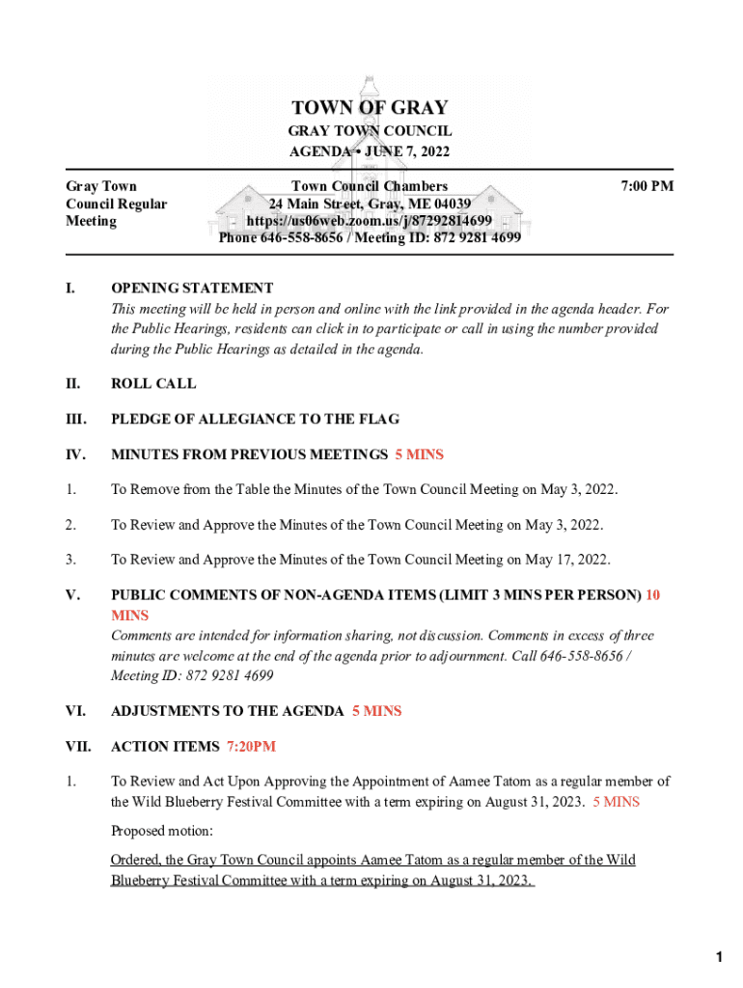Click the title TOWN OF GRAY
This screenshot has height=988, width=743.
coord(370,108)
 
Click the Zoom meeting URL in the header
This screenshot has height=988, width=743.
coord(370,221)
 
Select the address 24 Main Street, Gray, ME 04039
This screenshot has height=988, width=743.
coord(370,204)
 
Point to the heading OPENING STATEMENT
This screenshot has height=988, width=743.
coord(192,288)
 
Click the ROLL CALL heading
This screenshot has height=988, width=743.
coord(153,383)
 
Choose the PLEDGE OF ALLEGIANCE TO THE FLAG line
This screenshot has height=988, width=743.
coord(255,419)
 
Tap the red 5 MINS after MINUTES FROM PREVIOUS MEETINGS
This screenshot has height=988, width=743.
coord(419,454)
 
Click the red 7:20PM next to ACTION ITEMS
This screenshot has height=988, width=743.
coord(252,747)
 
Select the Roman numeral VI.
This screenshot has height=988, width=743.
coord(75,711)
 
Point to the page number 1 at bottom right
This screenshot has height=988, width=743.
coord(719,957)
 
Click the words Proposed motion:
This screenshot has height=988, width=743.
coord(162,831)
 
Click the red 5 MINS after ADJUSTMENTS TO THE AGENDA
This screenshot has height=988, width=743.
coord(376,711)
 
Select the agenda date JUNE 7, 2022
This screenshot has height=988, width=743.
coord(404,151)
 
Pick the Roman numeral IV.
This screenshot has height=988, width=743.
coord(75,454)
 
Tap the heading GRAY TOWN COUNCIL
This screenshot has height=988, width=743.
coord(370,130)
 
